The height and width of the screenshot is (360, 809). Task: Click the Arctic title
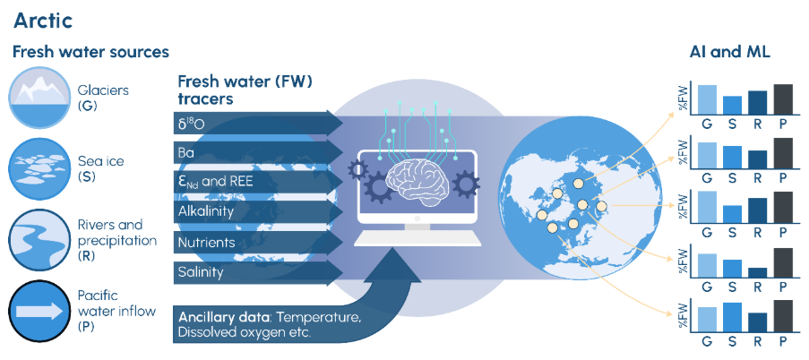(43, 21)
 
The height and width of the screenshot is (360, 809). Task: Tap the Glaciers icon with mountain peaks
(39, 98)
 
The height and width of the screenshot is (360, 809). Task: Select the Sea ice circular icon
(39, 168)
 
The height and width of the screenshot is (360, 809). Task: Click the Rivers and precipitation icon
(39, 240)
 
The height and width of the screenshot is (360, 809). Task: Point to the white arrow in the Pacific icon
(39, 312)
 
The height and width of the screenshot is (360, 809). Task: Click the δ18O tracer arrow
(258, 122)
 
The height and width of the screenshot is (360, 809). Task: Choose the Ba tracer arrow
(258, 152)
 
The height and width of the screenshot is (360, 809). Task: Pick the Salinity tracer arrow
(258, 272)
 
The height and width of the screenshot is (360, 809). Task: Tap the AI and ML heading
(729, 52)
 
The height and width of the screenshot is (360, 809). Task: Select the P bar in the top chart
(783, 99)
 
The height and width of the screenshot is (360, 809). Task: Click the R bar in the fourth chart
(757, 272)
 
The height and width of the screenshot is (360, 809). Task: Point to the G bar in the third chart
(707, 206)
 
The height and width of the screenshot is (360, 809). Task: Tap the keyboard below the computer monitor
(417, 239)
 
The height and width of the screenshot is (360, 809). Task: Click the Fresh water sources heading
(90, 52)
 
